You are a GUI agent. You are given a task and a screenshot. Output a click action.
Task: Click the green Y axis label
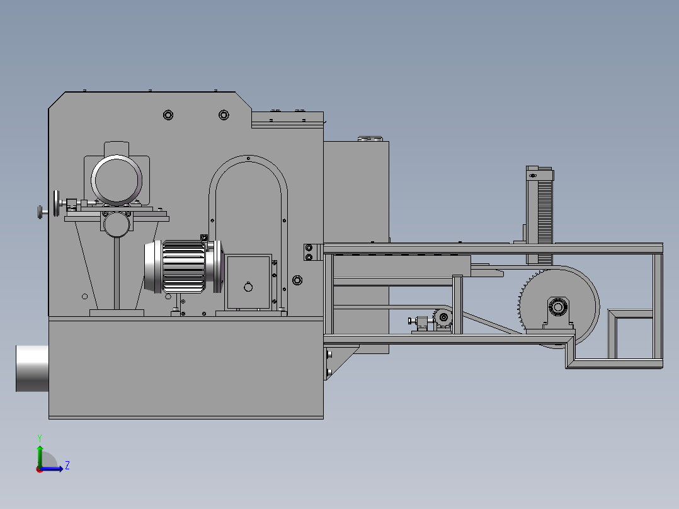click(40, 438)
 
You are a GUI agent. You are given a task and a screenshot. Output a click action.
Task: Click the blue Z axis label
click(67, 466)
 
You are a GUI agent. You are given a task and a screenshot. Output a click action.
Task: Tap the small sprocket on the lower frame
click(443, 317)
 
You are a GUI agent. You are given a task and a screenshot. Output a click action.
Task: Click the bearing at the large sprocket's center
click(558, 307)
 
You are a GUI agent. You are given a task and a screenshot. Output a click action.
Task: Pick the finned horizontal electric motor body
click(184, 266)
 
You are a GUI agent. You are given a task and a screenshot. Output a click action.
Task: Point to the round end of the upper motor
click(117, 180)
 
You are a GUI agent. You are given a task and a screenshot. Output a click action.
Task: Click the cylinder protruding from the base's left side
click(32, 369)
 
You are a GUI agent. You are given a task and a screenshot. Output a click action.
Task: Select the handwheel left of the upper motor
click(56, 203)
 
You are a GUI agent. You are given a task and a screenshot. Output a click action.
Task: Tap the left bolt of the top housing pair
click(168, 115)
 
